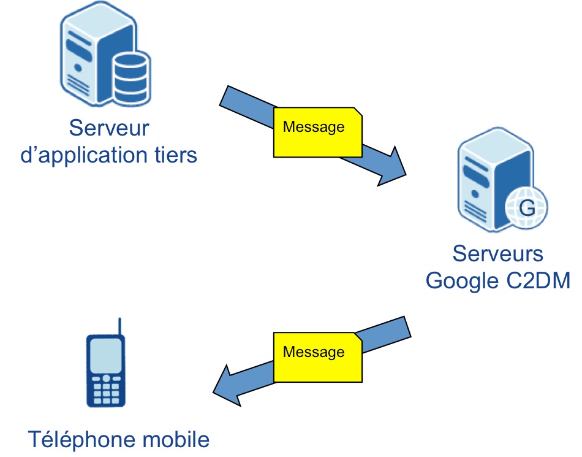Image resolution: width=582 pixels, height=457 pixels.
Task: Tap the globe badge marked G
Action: pyautogui.click(x=526, y=209)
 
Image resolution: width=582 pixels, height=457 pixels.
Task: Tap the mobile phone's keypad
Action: pyautogui.click(x=107, y=389)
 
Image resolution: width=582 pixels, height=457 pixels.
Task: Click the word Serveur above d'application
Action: pyautogui.click(x=108, y=129)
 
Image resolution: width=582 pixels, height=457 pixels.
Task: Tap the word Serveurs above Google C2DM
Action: pyautogui.click(x=497, y=253)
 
